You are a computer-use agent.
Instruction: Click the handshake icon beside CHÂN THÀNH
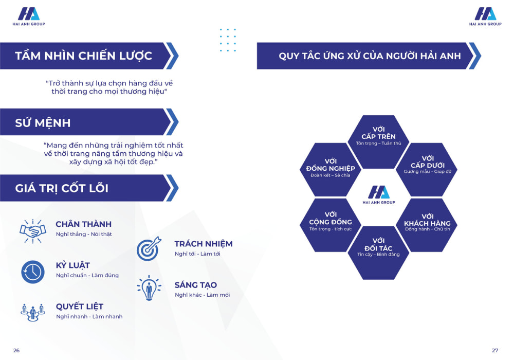[33, 231]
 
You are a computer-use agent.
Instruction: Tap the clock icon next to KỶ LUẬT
[33, 272]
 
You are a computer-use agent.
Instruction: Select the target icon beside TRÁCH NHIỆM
[149, 249]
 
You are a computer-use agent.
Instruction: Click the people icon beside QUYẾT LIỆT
[32, 313]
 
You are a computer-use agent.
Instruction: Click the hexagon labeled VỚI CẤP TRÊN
[378, 141]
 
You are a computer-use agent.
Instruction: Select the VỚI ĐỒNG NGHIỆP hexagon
[331, 170]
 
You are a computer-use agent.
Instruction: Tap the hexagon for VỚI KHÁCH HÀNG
[427, 225]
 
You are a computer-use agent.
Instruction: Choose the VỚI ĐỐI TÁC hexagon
[378, 253]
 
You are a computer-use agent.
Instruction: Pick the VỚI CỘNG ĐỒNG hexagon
[331, 225]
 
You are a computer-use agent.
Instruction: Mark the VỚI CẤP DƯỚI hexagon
[427, 170]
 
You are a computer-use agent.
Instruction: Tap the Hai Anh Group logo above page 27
[485, 16]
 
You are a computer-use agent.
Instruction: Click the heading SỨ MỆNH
[43, 123]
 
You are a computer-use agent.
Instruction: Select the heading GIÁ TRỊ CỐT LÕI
[62, 188]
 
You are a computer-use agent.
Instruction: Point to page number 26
[16, 351]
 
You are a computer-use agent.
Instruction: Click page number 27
[495, 351]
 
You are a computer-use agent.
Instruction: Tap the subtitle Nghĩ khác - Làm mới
[202, 295]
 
